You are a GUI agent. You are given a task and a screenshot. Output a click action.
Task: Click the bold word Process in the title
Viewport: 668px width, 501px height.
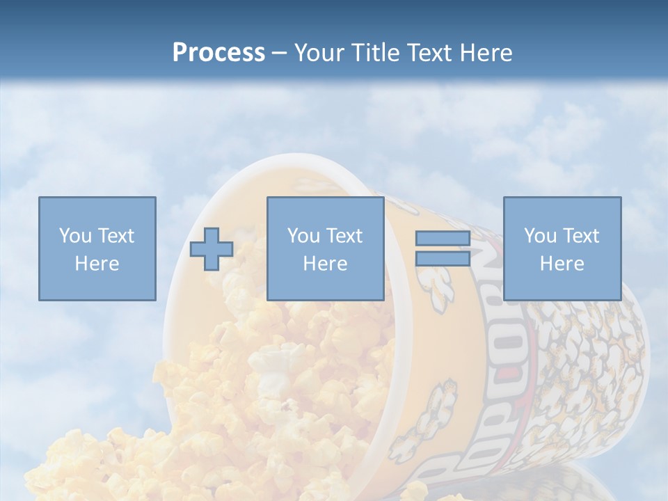coord(218,53)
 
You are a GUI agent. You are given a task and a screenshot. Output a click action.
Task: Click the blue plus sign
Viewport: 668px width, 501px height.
coord(212,249)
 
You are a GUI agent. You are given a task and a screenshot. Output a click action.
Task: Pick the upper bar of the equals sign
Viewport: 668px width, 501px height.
coord(443,239)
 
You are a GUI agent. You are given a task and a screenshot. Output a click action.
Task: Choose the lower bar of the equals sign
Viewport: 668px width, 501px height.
coord(443,258)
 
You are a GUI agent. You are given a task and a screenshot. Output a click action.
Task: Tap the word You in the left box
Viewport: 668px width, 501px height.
coord(74,236)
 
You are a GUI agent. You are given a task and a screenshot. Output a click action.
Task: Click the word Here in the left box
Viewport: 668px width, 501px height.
coord(97,264)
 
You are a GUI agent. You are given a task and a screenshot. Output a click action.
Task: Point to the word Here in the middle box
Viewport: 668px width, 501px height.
coord(325,264)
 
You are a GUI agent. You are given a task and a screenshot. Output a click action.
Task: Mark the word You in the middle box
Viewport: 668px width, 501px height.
coord(303,236)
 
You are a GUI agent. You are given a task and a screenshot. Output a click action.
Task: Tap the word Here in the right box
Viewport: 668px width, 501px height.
coord(562,264)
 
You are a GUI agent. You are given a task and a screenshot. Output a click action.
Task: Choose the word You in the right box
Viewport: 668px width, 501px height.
coord(539,236)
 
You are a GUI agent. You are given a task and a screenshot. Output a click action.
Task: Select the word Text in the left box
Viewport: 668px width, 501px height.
coord(116,236)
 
